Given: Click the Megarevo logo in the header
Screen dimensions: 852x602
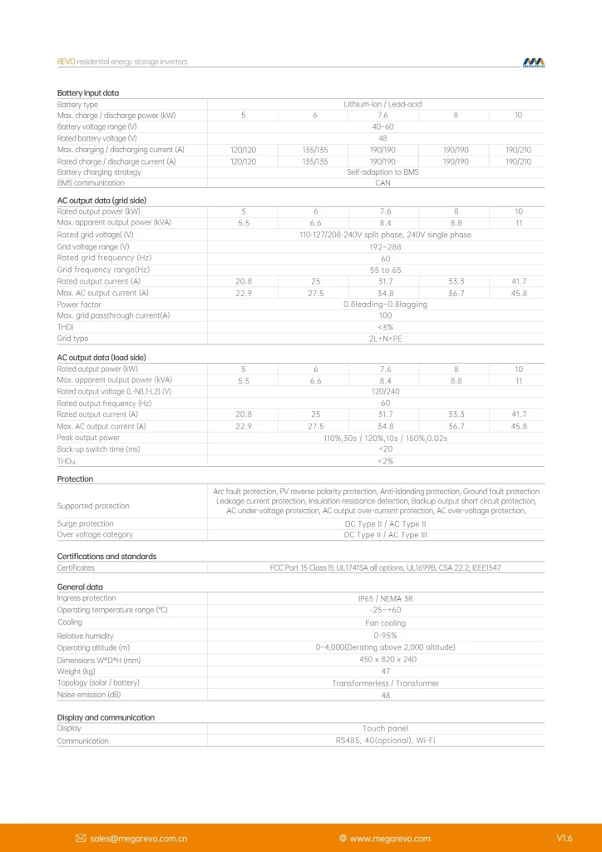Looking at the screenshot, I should pos(533,62).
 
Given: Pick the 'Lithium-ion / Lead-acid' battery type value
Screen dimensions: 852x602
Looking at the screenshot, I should pos(382,104).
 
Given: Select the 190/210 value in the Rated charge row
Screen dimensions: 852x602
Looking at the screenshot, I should pos(518,161).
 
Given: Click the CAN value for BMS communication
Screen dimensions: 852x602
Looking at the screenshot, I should pos(382,183).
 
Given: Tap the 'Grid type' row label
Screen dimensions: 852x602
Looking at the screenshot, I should pos(72,339).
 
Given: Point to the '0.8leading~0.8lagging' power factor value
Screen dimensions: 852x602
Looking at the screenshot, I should pos(385,305).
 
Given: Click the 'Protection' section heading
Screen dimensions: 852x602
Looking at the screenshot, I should pos(75,479).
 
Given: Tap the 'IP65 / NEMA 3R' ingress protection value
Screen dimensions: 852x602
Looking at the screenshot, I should pos(385,598).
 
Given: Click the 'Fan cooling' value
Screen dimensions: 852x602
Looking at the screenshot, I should pos(385,623).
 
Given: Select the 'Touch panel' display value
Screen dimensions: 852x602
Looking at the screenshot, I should pos(385,728).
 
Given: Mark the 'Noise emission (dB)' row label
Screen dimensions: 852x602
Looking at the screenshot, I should pos(89,694).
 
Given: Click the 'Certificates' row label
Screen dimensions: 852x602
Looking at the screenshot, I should pos(76,567).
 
